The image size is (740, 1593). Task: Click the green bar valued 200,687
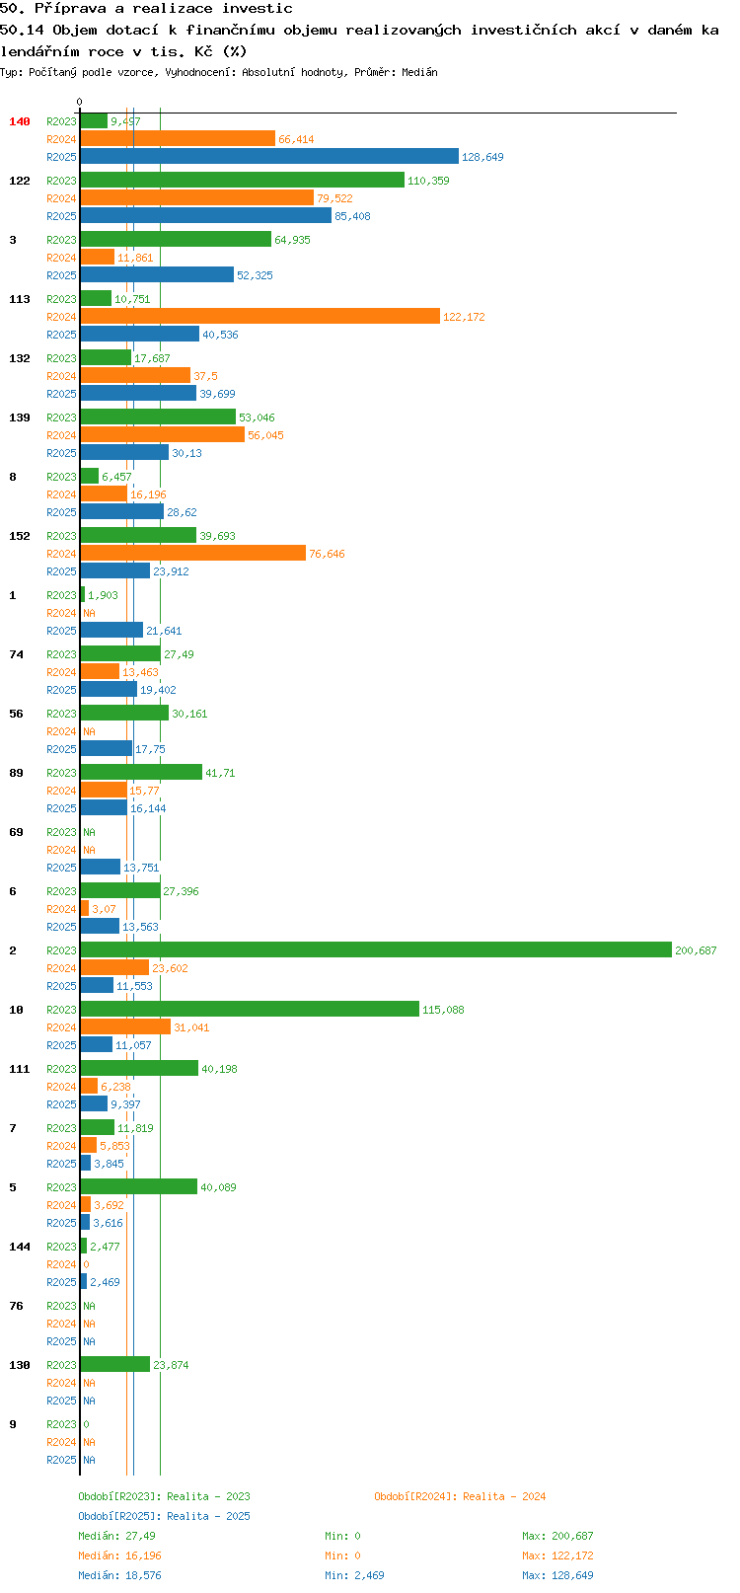coord(376,949)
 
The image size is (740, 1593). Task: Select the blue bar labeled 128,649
coord(269,156)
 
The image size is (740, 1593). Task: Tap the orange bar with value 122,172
coord(260,316)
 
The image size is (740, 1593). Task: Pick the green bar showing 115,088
coord(251,1009)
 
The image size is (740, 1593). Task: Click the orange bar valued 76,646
coord(193,553)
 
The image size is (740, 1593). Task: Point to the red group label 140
coord(19,121)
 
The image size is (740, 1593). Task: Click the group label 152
coord(19,536)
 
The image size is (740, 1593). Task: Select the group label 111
coord(19,1068)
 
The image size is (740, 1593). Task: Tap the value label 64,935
coord(292,240)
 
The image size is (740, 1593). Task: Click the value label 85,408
coord(352,216)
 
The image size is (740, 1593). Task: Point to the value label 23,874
coord(171,1365)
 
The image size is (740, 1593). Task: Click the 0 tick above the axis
coord(79,102)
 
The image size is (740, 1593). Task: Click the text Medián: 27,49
coord(116,1536)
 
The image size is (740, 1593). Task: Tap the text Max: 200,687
coord(557,1536)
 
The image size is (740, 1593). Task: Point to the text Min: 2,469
coord(354,1575)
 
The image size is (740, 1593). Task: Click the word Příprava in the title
coord(70,9)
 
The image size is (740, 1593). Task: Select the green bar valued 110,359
coord(243,180)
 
